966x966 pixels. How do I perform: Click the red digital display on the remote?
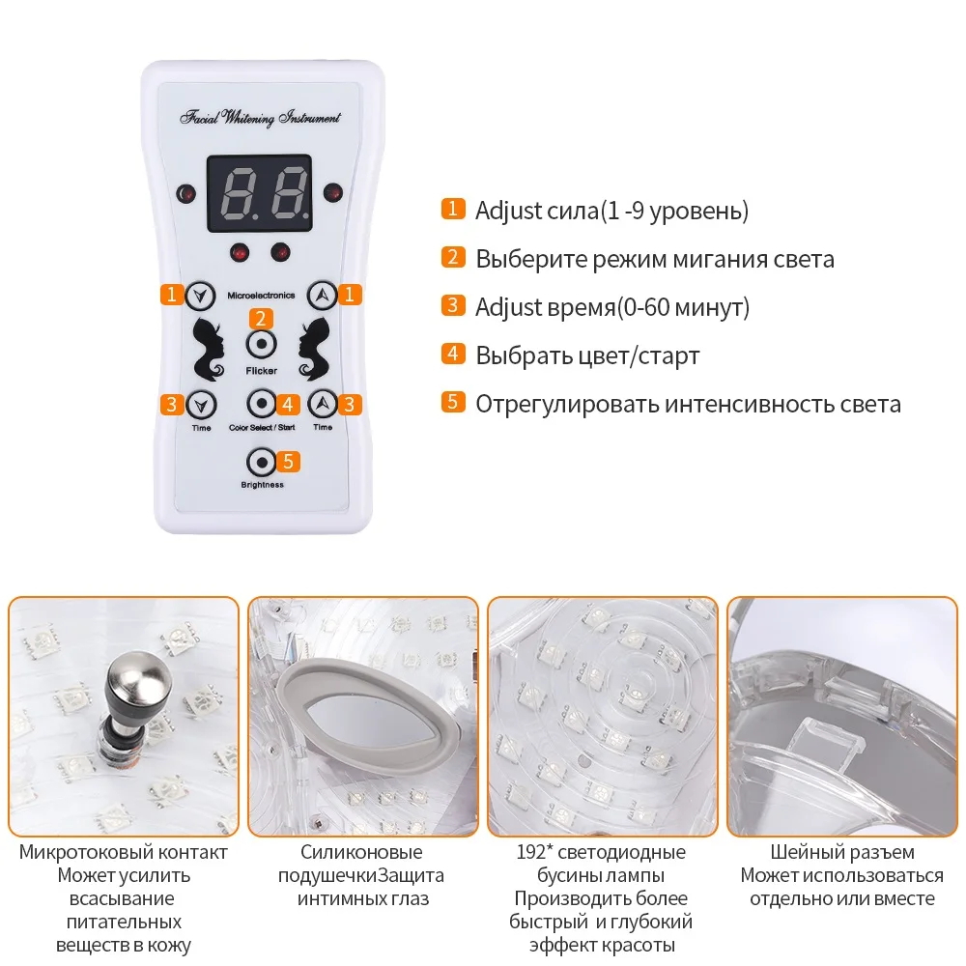pos(260,193)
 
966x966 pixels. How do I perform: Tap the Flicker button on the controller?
pos(261,345)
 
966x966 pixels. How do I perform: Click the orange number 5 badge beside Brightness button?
pos(288,462)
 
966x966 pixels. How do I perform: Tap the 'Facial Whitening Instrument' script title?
pos(260,118)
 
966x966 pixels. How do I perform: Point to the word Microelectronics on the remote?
pos(260,295)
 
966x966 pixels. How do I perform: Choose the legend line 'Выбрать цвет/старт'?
pos(587,355)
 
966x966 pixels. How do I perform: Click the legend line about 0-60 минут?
pos(612,306)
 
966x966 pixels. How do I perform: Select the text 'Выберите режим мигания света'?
pos(655,258)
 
